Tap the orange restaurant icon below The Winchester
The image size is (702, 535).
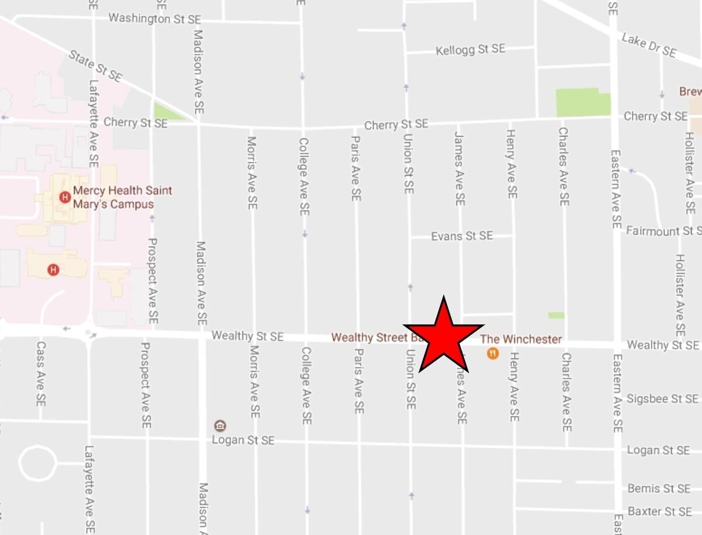point(493,353)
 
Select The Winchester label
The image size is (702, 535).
point(521,339)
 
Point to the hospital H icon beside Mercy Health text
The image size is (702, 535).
point(65,197)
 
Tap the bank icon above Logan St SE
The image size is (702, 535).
point(221,426)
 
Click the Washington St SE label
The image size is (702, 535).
point(154,19)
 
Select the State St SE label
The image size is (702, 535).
point(95,66)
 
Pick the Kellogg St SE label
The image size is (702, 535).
point(470,50)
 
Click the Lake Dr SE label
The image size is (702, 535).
point(649,45)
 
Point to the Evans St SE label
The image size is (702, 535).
point(462,236)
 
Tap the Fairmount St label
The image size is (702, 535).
point(663,231)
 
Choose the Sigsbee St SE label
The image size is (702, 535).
point(662,399)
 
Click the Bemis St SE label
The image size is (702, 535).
point(659,488)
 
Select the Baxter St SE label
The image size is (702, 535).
point(659,512)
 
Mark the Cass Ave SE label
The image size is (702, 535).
point(40,375)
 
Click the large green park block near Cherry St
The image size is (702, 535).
point(581,102)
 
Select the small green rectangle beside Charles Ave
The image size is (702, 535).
point(556,315)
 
